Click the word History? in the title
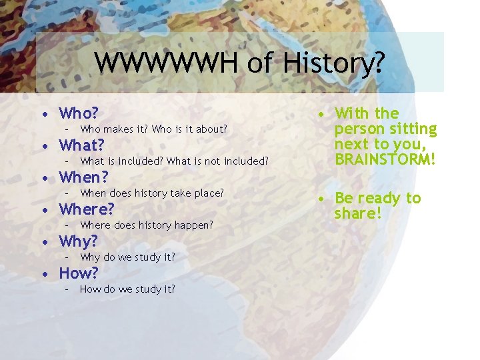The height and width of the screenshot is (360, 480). (333, 63)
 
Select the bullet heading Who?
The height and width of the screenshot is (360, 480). (79, 113)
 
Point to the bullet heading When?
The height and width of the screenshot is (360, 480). (84, 177)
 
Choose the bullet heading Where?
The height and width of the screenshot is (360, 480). (87, 209)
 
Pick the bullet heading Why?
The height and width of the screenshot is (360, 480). (79, 241)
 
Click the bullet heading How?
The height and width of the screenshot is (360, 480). (79, 273)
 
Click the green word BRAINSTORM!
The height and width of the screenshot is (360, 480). (385, 159)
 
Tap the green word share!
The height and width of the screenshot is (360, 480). (359, 213)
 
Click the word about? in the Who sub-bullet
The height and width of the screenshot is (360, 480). (211, 129)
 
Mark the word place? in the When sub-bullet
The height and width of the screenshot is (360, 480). (207, 193)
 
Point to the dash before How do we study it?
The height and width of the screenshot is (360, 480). (66, 289)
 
